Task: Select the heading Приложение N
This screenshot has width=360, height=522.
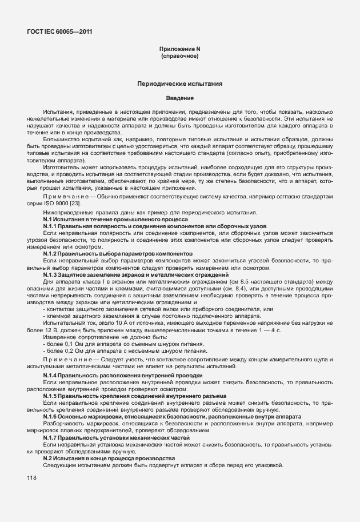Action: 179,50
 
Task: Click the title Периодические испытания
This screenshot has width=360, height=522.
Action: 179,83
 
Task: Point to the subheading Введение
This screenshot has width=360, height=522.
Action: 179,98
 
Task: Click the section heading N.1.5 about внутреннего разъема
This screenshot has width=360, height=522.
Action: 134,396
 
